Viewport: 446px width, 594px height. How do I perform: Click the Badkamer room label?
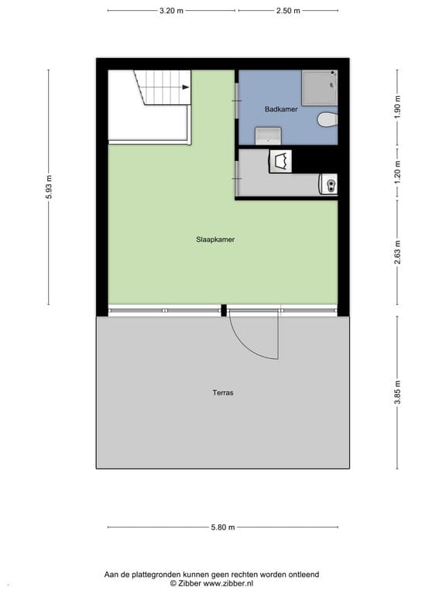280,110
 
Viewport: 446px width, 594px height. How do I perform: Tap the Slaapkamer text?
215,240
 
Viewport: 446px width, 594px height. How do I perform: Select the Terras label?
223,393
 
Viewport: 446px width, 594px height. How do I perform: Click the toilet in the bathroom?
328,121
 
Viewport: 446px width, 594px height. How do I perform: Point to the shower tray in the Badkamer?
320,87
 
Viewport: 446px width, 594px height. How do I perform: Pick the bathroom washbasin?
268,136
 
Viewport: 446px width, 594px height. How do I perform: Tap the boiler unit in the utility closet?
329,184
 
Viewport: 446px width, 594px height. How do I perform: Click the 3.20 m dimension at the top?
171,11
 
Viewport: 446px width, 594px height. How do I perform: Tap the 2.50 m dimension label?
288,11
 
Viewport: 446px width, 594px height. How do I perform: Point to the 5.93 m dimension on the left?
49,188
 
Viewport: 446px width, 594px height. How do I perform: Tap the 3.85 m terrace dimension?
398,391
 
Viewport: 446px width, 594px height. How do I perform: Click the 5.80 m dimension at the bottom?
222,528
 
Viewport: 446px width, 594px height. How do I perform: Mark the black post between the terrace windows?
224,311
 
